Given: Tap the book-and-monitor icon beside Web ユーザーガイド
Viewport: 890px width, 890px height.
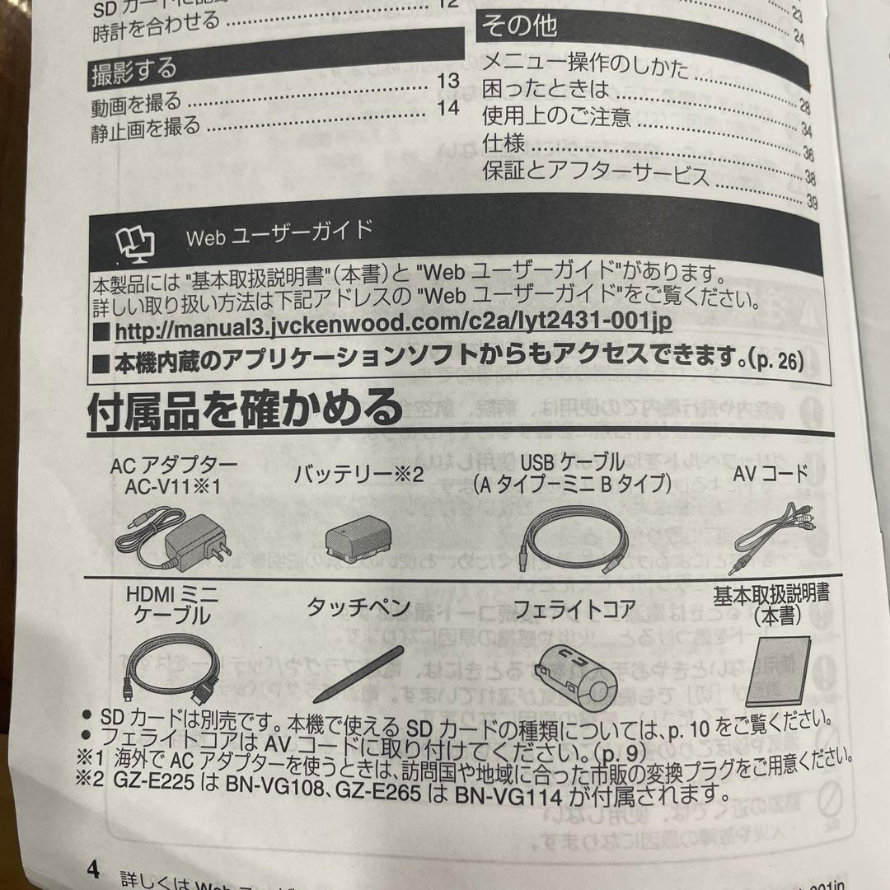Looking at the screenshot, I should click(135, 242).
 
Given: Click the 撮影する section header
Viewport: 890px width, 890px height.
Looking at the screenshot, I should click(133, 73).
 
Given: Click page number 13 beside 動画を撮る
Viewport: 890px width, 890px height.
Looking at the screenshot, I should click(447, 82).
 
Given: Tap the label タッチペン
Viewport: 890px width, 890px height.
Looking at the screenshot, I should click(358, 608).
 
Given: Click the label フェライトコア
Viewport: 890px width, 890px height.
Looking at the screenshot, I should click(574, 609).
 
